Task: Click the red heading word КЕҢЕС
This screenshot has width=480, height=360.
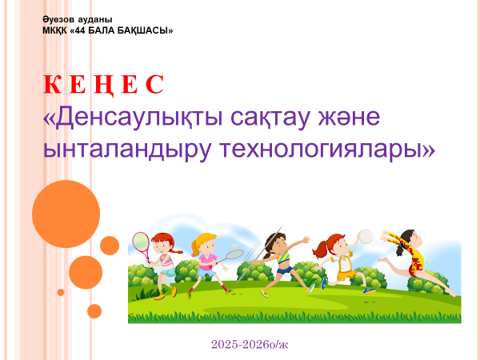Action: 103,85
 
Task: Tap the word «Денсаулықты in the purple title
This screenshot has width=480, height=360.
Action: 133,117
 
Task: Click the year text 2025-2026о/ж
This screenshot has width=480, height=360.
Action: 250,344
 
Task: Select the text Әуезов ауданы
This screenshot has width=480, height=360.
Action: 78,19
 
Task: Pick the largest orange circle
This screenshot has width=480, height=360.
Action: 66,214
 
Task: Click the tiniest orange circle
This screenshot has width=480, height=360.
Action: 61,292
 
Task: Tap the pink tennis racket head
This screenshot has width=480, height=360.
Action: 141,242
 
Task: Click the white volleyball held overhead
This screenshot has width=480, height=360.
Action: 366,237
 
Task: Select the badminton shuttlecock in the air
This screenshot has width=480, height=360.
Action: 234,246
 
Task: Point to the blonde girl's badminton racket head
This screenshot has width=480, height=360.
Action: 235,254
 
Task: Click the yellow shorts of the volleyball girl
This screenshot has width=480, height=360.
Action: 348,275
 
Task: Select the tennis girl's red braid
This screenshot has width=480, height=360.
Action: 175,251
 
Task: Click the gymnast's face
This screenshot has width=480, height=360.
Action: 414,238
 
